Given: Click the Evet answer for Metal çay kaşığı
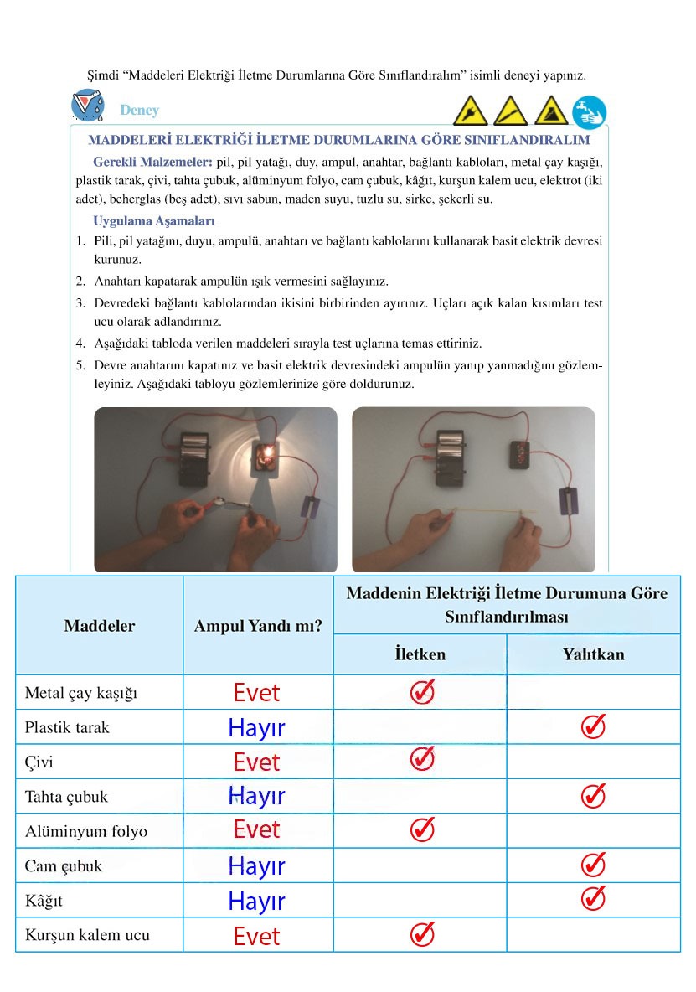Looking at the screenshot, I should [x=256, y=693].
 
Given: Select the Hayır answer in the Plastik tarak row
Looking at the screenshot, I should [x=256, y=728].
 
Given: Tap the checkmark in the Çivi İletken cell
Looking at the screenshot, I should [x=422, y=759].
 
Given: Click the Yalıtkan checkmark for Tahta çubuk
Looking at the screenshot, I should [x=593, y=795].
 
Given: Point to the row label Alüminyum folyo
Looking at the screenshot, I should [x=85, y=831].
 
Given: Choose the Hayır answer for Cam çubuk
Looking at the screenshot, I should [x=256, y=866].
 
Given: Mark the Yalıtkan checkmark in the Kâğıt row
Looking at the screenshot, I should [x=593, y=898].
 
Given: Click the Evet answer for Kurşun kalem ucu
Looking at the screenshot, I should [x=256, y=936].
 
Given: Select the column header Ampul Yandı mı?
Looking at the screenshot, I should [x=258, y=626].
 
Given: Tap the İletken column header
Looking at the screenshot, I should [x=420, y=654].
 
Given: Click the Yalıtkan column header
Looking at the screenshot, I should [x=593, y=654].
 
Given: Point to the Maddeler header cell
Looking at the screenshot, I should [x=99, y=626].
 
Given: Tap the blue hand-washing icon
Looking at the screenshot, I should [x=589, y=111].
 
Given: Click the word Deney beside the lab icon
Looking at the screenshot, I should [x=139, y=111].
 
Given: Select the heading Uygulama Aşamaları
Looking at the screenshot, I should [x=154, y=221].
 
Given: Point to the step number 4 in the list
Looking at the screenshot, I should [x=80, y=344].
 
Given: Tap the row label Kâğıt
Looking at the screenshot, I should [x=44, y=902].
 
